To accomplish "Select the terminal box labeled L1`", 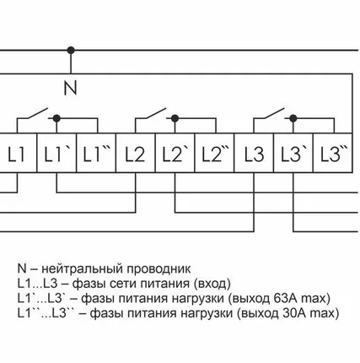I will [56, 155].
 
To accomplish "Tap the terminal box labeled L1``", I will [95, 155].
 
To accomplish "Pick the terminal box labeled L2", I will [135, 155].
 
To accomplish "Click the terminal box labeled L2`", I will [174, 155].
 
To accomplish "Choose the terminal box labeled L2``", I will [213, 155].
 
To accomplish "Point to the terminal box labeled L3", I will [254, 155].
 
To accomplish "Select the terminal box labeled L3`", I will [293, 155].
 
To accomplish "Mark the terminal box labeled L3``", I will [332, 155].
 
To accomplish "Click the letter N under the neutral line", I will [71, 85].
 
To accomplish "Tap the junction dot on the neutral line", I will [71, 50].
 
